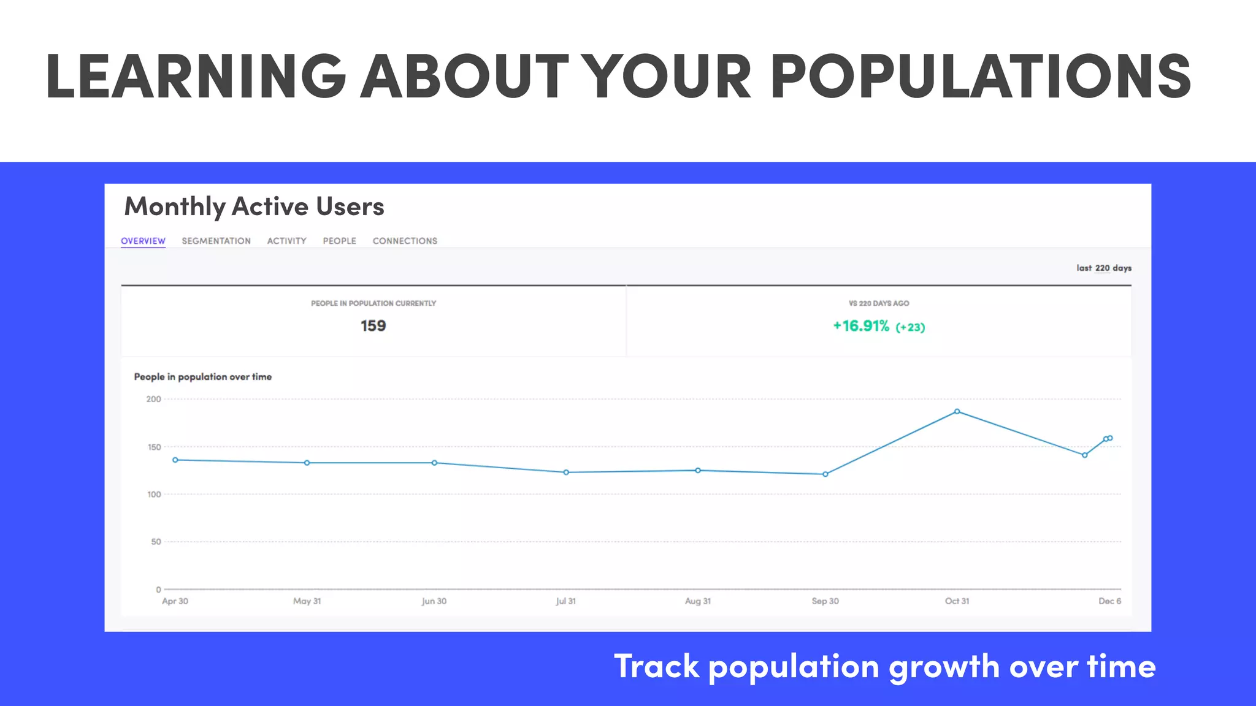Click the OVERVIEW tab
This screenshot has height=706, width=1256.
(x=143, y=241)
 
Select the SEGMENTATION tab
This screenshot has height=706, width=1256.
(x=216, y=241)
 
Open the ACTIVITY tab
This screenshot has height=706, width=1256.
(x=286, y=241)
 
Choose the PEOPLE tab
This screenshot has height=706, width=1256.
(x=339, y=241)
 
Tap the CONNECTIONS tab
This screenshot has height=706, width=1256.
(x=405, y=241)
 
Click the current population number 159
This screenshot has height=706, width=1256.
(x=373, y=326)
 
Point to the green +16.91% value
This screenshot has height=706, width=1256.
(x=861, y=326)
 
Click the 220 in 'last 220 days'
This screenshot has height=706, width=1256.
(x=1102, y=268)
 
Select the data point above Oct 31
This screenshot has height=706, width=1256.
(x=957, y=412)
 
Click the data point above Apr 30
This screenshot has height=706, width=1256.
(x=175, y=460)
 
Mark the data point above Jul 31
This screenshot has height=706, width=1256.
(x=566, y=473)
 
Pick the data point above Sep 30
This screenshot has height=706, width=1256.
(x=825, y=474)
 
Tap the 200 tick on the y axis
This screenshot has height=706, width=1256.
(x=153, y=399)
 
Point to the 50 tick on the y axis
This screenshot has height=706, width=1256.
(x=156, y=542)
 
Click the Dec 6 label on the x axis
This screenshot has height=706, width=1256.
(x=1109, y=601)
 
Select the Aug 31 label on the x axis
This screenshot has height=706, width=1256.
(x=698, y=601)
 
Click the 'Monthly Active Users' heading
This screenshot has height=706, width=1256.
(x=254, y=207)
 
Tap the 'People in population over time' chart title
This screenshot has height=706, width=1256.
(x=202, y=377)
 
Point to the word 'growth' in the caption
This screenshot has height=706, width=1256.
(x=944, y=667)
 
